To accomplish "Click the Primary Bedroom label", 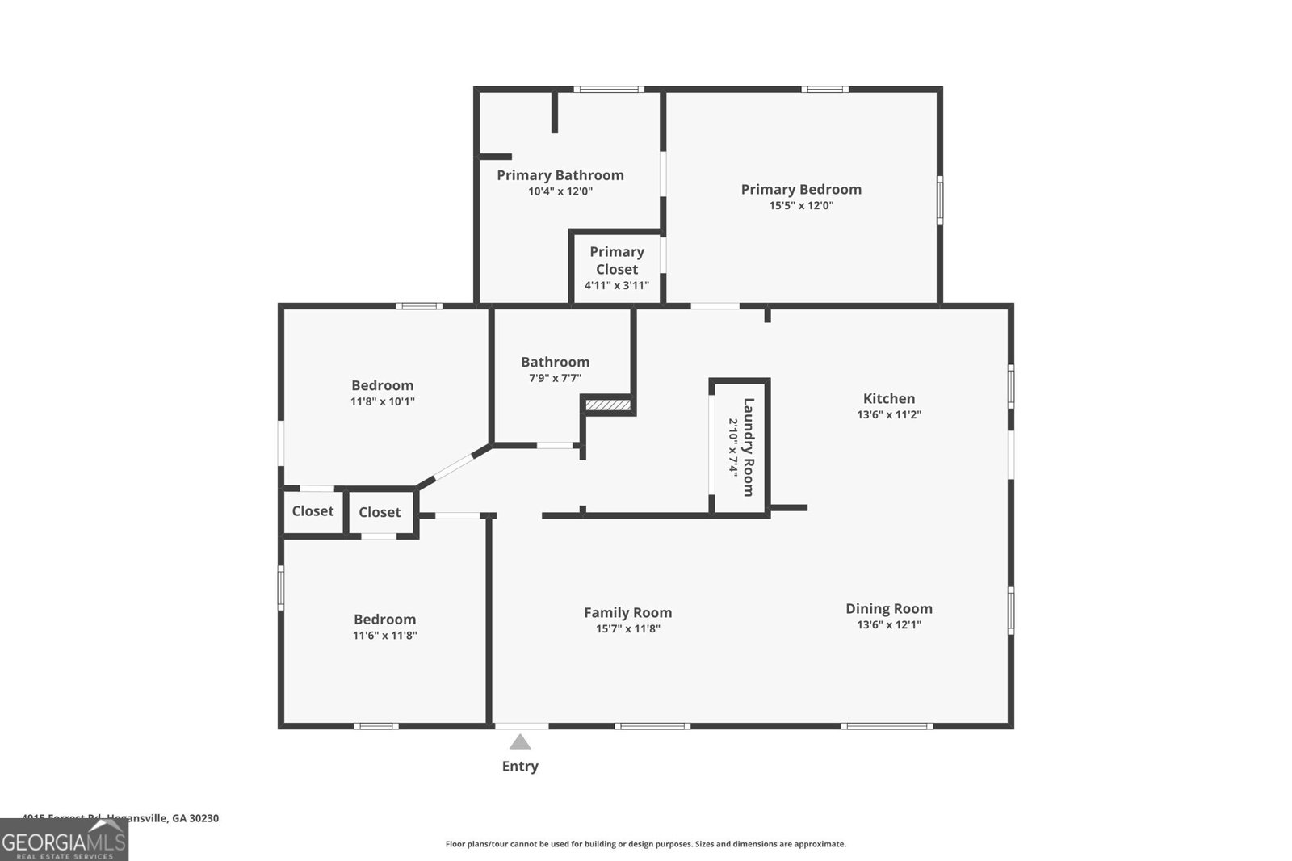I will tap(801, 189).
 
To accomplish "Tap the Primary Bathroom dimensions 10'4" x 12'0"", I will tap(560, 191).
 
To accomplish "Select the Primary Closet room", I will tap(617, 267).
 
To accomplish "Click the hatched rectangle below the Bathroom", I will tap(607, 405).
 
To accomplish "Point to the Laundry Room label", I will tap(748, 447).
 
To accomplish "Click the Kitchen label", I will tap(889, 398).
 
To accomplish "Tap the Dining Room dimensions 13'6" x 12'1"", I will tap(889, 624).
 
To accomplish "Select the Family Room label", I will tap(627, 612).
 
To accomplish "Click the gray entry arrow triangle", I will tap(520, 742).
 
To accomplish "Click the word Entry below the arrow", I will tap(520, 766).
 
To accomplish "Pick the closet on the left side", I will tap(313, 511).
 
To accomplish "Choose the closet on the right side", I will tap(380, 512).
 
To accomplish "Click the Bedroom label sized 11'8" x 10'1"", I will tap(382, 385).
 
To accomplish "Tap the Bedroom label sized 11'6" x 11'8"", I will tap(384, 619).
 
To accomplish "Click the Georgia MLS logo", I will tap(64, 840).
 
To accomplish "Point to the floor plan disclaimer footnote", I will tap(645, 844).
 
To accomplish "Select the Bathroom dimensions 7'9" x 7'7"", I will tap(555, 378).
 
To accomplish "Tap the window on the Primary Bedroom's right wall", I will tap(940, 199).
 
